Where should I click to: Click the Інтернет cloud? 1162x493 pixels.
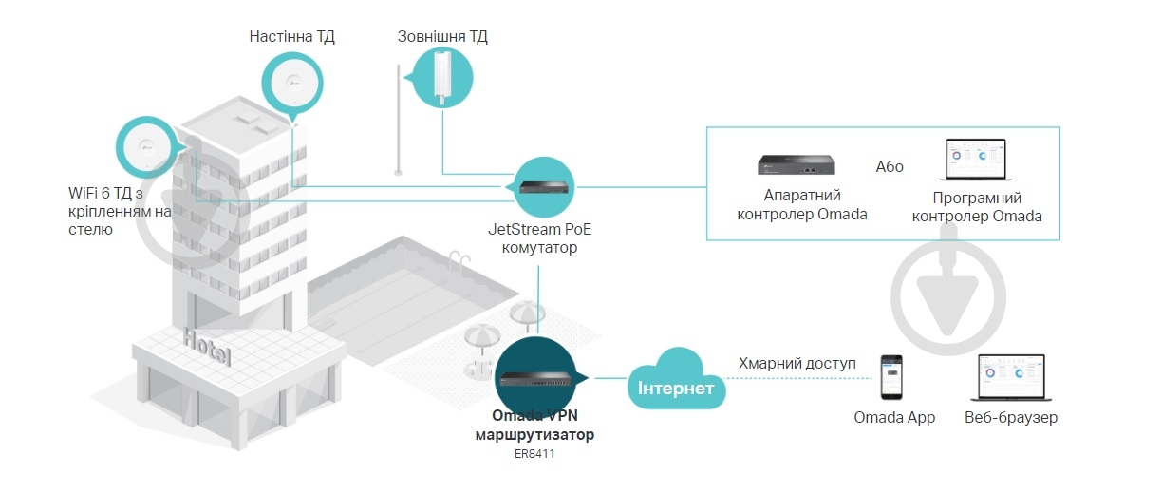point(675,383)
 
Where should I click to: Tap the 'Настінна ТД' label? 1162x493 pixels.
point(291,37)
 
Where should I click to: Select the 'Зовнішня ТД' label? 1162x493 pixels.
point(441,37)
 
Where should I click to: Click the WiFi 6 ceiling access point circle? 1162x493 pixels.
point(147,147)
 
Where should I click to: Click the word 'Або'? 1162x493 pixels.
point(890,166)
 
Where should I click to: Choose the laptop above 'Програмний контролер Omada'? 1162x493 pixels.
point(977,161)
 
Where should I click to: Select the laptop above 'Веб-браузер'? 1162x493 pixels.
point(1010,378)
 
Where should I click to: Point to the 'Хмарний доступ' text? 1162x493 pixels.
point(797,364)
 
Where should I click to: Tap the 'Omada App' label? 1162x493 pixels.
point(894,418)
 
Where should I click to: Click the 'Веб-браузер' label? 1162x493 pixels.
point(1010,418)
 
